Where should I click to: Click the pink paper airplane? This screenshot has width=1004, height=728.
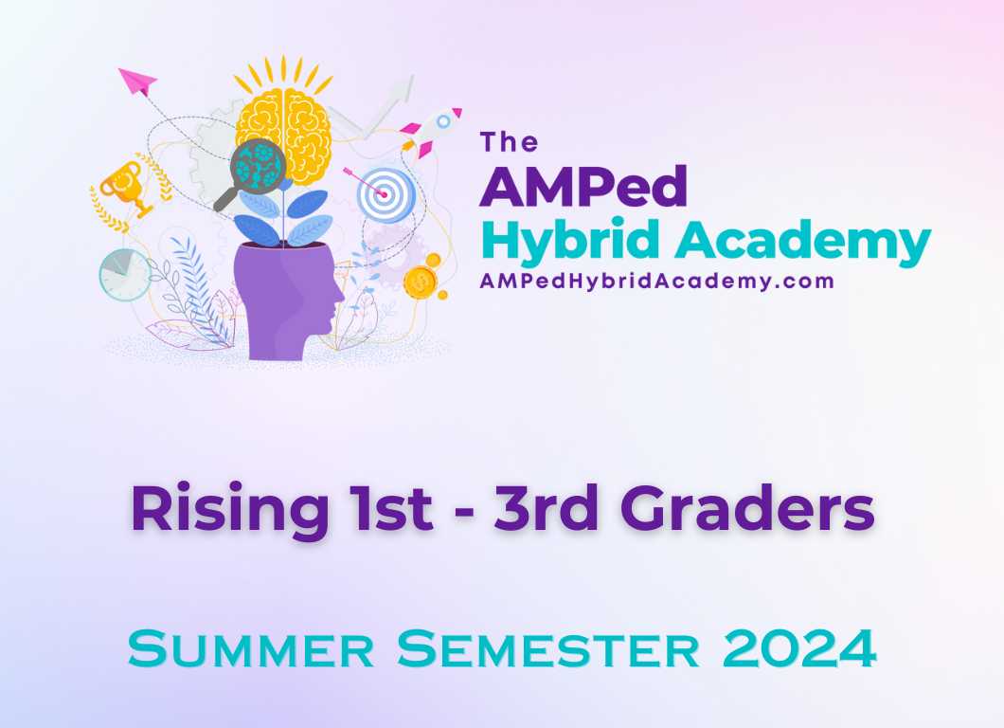[138, 82]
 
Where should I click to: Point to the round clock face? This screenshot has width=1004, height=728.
[124, 275]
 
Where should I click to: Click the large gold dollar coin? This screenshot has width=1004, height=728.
[420, 282]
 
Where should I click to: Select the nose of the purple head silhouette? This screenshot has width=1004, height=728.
[339, 301]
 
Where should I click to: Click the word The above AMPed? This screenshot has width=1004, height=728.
[509, 142]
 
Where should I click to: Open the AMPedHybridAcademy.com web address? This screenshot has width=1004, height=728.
[656, 282]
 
